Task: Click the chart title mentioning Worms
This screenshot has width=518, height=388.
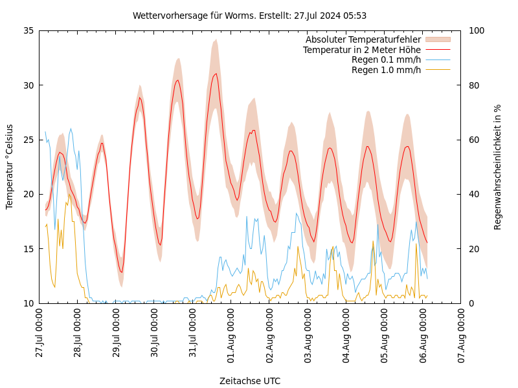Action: click(x=249, y=16)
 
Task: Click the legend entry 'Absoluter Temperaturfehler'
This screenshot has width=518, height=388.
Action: click(x=363, y=39)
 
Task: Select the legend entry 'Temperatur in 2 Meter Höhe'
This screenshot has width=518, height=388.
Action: click(x=361, y=50)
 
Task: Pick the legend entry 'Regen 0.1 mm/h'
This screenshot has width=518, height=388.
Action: click(x=386, y=59)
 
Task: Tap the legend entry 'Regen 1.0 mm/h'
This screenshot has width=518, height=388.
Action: click(x=386, y=70)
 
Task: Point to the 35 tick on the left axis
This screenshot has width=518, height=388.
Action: click(x=28, y=30)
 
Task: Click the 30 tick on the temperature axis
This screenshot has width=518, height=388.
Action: click(x=28, y=85)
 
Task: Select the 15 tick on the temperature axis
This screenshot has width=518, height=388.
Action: click(x=28, y=248)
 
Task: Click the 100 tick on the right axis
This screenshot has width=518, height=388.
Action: click(x=476, y=30)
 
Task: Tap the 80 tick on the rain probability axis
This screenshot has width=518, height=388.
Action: click(x=474, y=85)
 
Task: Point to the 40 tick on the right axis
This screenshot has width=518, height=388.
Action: click(x=474, y=194)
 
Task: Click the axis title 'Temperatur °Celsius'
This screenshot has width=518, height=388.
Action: click(x=10, y=167)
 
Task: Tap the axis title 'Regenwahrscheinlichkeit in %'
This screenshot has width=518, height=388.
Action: click(x=498, y=167)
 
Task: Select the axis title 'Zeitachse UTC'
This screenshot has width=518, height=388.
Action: click(x=250, y=381)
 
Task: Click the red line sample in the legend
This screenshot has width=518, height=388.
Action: click(x=438, y=50)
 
